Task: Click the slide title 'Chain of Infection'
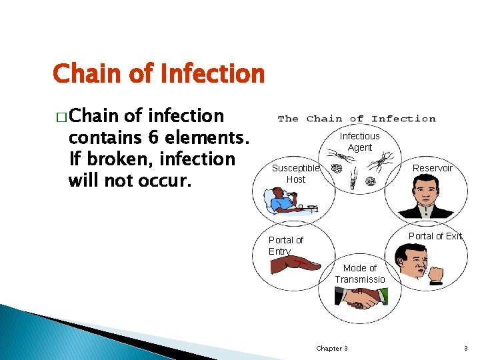159,73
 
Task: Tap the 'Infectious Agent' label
359,141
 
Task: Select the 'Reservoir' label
432,168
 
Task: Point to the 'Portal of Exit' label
435,236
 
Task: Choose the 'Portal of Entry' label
285,245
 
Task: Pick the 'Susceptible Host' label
295,174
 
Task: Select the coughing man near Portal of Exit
413,263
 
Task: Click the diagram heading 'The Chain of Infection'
356,119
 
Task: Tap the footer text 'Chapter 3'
331,349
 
